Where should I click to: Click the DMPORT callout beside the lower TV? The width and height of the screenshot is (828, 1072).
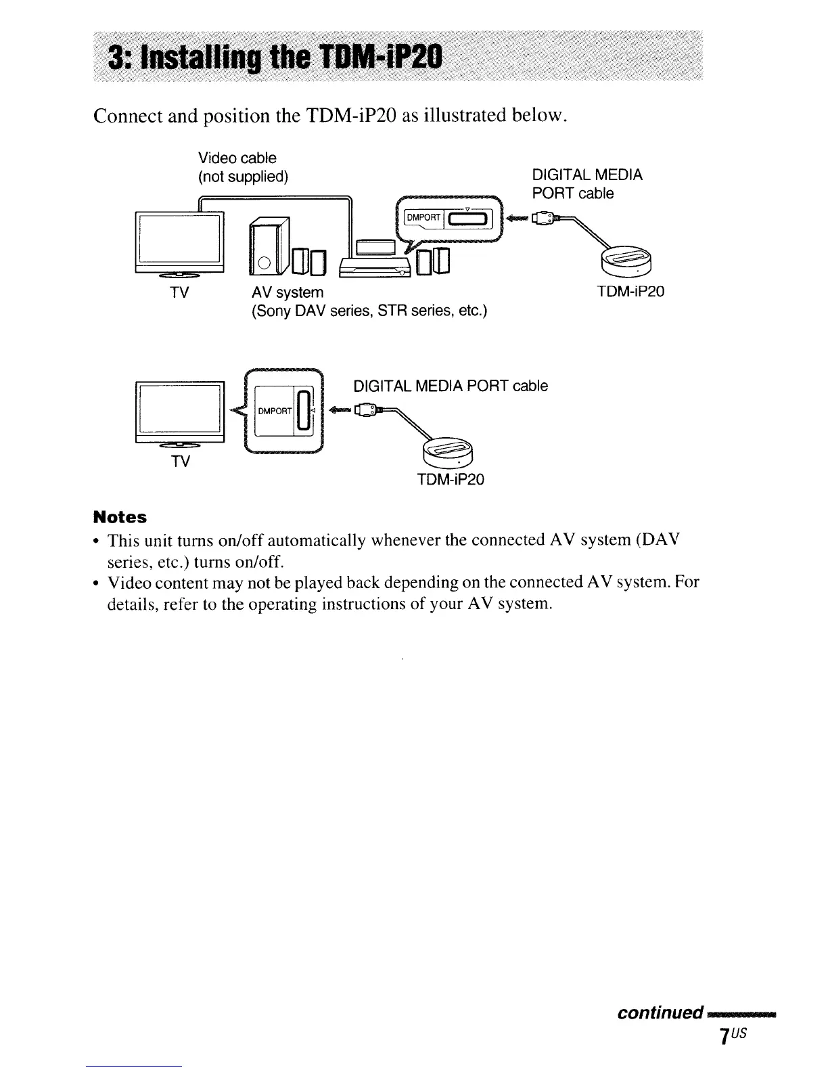284,411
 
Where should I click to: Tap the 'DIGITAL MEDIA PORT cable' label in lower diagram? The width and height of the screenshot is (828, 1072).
451,386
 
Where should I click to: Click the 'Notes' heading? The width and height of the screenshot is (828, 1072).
120,517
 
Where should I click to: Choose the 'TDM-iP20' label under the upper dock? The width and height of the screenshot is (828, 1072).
630,292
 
